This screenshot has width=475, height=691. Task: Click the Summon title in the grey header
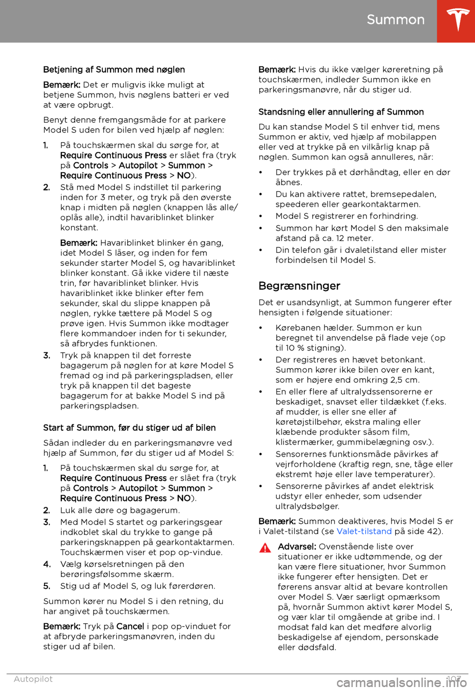[395, 20]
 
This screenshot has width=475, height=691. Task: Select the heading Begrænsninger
[299, 286]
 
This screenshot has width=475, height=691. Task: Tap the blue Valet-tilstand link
[364, 531]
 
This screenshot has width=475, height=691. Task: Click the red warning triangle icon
[265, 547]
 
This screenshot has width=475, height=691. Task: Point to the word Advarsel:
[297, 546]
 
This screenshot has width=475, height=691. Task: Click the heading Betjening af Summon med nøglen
[114, 70]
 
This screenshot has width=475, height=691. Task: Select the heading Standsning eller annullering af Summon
[341, 112]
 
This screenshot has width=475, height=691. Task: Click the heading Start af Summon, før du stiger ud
[129, 428]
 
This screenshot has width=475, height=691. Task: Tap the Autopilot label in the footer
[33, 679]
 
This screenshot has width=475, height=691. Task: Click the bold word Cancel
[130, 626]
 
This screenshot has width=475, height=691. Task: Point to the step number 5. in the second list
[47, 586]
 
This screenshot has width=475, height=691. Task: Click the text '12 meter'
[354, 238]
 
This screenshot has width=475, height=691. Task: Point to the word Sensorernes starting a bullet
[301, 454]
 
